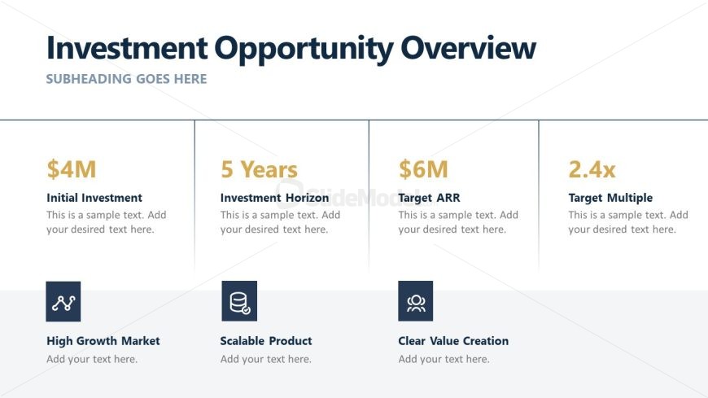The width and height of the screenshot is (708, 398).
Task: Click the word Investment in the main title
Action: [127, 48]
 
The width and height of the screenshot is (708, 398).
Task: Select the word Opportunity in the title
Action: [304, 50]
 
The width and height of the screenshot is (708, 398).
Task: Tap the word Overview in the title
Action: [468, 48]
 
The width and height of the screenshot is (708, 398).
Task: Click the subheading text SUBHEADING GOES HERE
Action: [126, 79]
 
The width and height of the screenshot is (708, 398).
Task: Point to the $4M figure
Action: [72, 169]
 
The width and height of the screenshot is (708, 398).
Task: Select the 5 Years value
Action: [259, 169]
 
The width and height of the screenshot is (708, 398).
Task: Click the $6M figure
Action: [423, 169]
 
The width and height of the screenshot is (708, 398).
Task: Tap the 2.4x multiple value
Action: [592, 169]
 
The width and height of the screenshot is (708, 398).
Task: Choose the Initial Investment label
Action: [94, 198]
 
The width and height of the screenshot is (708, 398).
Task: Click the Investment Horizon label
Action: [274, 198]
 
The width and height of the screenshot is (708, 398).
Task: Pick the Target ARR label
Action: [429, 198]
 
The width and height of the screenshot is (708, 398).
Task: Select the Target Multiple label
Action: [610, 198]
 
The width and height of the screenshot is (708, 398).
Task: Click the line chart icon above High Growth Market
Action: [63, 301]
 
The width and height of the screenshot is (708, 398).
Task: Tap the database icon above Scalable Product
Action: [239, 301]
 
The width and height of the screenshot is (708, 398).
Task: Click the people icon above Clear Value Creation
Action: [415, 301]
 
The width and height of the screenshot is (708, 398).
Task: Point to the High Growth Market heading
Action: [103, 341]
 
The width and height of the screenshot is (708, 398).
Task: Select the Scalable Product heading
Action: [266, 341]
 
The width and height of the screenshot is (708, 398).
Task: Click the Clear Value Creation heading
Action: [453, 341]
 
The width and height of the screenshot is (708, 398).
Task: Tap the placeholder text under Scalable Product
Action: [265, 359]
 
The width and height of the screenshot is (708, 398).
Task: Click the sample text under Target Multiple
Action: [628, 222]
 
